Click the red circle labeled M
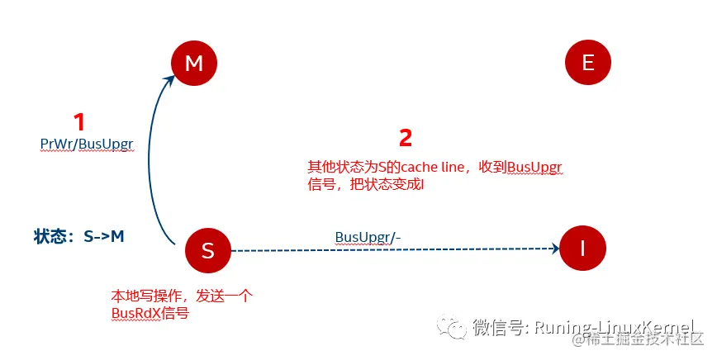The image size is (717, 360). pyautogui.click(x=193, y=64)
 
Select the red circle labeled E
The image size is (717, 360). pyautogui.click(x=587, y=64)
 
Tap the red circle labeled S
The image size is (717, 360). pyautogui.click(x=207, y=249)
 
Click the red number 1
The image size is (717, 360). pyautogui.click(x=79, y=123)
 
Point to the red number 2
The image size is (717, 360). pyautogui.click(x=405, y=138)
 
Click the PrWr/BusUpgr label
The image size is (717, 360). pyautogui.click(x=87, y=144)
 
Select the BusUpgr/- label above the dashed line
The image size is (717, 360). pyautogui.click(x=368, y=237)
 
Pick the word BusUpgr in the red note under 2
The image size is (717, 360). pyautogui.click(x=535, y=168)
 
